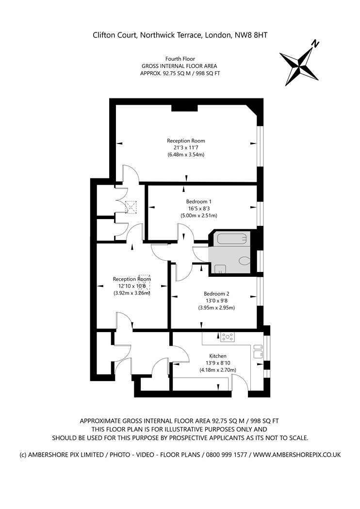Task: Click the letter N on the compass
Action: pyautogui.click(x=315, y=44)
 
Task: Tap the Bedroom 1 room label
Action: pyautogui.click(x=198, y=201)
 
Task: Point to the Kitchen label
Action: pyautogui.click(x=217, y=356)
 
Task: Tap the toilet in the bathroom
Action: pyautogui.click(x=245, y=260)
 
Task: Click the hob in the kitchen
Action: pyautogui.click(x=227, y=337)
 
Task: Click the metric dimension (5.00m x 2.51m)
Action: pyautogui.click(x=198, y=215)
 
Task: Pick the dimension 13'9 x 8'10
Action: pyautogui.click(x=217, y=363)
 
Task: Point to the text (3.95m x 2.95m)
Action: pyautogui.click(x=216, y=307)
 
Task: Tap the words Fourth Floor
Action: pyautogui.click(x=180, y=59)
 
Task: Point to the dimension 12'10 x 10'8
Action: pyautogui.click(x=132, y=286)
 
